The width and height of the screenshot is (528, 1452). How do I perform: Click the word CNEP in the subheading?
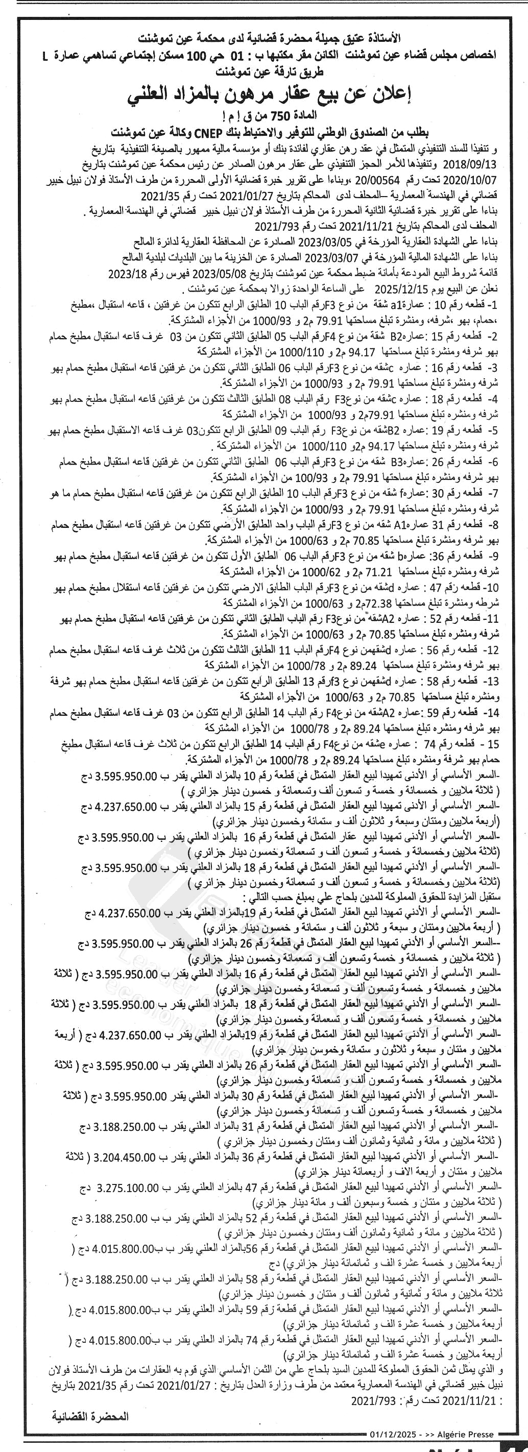207,134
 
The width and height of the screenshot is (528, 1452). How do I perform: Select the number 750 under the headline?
293,117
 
